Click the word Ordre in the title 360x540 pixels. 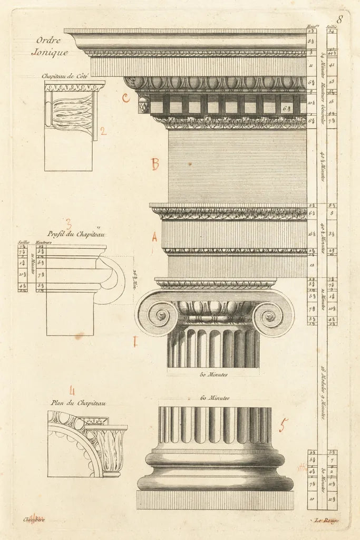[x=48, y=41]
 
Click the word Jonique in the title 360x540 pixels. [x=50, y=52]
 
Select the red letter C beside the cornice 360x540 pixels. [x=125, y=98]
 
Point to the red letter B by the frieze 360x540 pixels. [x=155, y=164]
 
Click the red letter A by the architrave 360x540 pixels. [x=154, y=238]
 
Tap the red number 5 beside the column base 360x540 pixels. [x=284, y=425]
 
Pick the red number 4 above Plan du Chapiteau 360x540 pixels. [x=72, y=391]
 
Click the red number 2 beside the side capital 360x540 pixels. [x=103, y=131]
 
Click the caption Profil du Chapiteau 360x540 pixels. [x=76, y=234]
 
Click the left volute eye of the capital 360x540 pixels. [x=161, y=315]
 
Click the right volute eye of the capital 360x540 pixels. [x=270, y=316]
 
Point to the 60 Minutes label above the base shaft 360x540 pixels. [x=215, y=398]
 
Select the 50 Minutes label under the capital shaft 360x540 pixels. [x=213, y=374]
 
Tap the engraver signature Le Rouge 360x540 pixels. [x=327, y=521]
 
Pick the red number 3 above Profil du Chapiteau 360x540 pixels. [x=69, y=224]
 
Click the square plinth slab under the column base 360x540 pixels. [x=215, y=500]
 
